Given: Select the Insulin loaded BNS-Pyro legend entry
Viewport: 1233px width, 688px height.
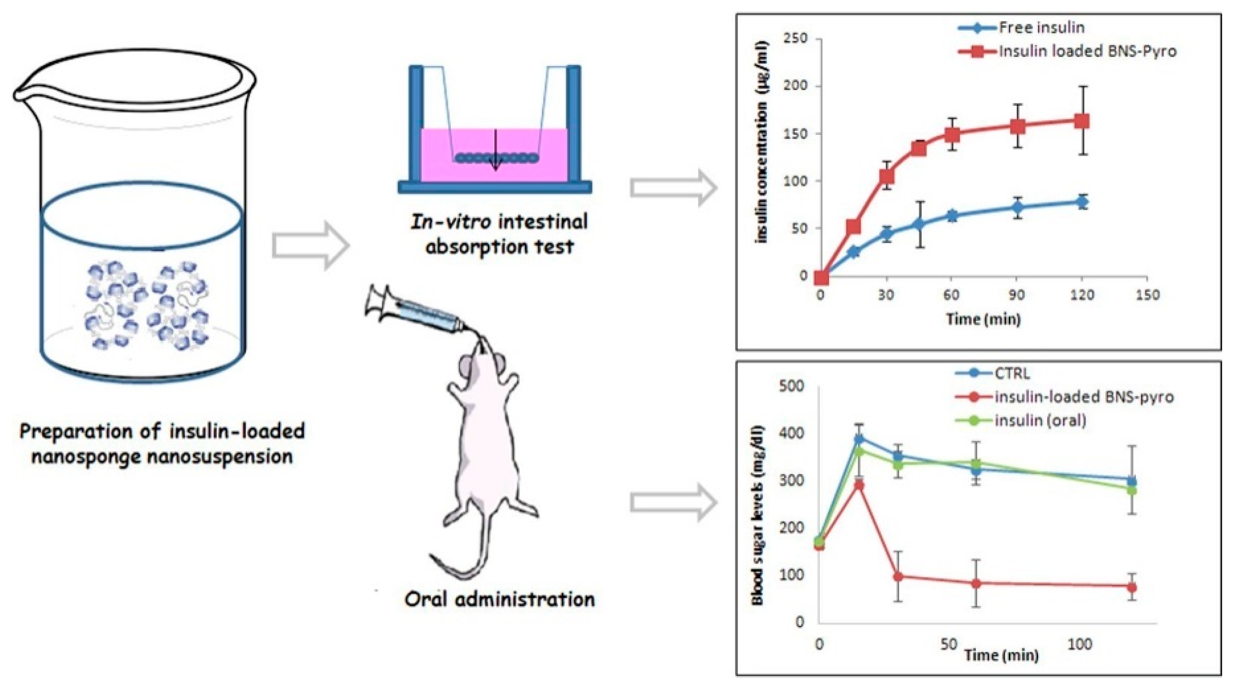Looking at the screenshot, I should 1086,51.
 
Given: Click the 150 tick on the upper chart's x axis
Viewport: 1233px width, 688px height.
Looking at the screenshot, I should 1147,295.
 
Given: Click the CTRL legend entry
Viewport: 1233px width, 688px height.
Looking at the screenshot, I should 1011,373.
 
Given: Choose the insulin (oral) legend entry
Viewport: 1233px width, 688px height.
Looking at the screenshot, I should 1040,420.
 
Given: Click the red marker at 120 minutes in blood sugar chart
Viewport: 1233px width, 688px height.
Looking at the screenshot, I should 1132,587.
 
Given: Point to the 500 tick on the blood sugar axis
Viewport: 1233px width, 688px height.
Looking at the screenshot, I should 792,386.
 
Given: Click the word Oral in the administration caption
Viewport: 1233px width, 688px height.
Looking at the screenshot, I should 424,599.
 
